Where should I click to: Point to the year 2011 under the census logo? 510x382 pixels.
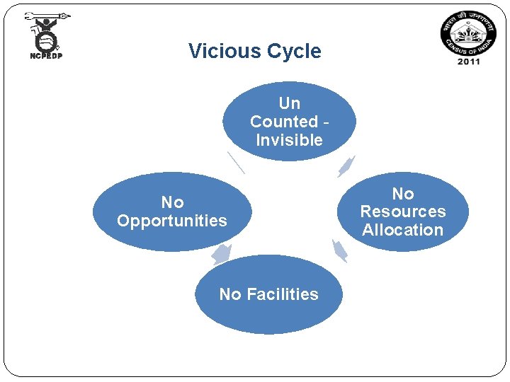point(468,62)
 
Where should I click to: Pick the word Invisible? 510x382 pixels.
point(289,140)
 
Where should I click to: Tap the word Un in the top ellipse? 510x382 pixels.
point(289,104)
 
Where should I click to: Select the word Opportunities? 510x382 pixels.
point(172,221)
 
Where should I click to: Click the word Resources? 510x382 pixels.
point(403,212)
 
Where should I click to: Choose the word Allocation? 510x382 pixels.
point(402,230)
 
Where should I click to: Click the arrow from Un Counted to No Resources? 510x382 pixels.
point(346,167)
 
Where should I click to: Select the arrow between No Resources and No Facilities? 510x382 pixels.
point(340,250)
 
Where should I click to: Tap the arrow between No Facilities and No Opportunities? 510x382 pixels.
point(222,254)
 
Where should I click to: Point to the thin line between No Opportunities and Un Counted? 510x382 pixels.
point(236,162)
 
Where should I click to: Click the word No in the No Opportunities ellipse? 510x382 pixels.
point(172,202)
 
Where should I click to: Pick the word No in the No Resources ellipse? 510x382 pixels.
point(403,193)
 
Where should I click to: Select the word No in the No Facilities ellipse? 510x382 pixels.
point(230,294)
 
